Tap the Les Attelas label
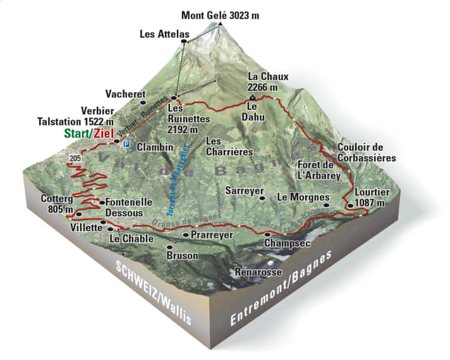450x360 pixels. coord(160,35)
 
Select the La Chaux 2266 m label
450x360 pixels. coord(267,81)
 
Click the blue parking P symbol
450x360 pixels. coord(126,145)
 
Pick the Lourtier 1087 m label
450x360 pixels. coord(372,197)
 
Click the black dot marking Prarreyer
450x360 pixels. coord(185,235)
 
